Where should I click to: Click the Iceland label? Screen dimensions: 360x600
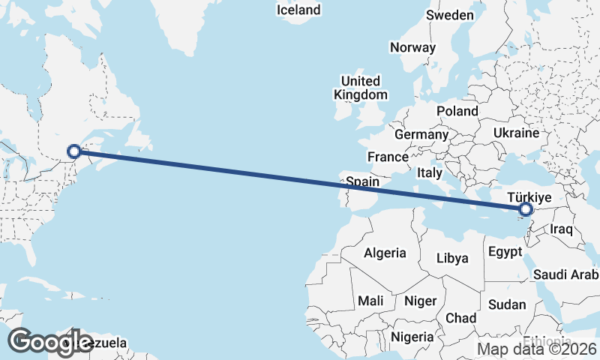pos(298,10)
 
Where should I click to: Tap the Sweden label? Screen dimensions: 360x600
pos(449,15)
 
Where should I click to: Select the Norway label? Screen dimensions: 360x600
pos(412,47)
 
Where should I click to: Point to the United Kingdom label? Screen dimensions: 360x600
pos(361,88)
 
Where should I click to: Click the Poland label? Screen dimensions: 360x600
pos(457,111)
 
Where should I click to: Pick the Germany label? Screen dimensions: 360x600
pos(421,135)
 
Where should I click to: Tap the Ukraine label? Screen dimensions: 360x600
pos(516,133)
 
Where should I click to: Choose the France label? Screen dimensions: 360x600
pos(387,157)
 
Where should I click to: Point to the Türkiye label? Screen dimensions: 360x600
pos(529,196)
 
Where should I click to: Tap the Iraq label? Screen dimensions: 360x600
pos(562,228)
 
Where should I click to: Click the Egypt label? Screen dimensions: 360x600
pos(503,252)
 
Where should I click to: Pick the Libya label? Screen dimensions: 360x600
pos(452,258)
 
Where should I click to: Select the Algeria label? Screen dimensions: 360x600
pos(385,253)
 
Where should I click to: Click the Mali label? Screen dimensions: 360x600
pos(370,301)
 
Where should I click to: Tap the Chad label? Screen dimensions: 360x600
pos(460,318)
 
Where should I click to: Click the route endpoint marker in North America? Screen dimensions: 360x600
pos(74,151)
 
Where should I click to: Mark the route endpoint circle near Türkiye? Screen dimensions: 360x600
pos(525,210)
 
